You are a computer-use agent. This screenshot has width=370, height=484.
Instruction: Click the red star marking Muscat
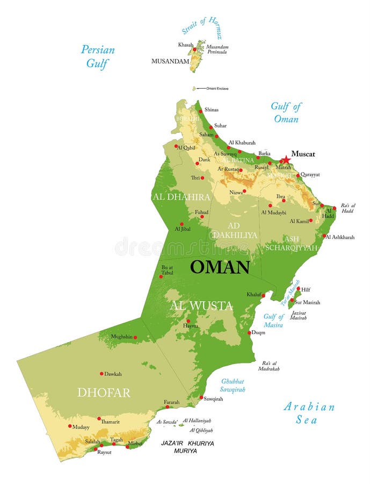pyautogui.click(x=286, y=160)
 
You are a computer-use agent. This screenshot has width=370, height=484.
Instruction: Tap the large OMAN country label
pyautogui.click(x=220, y=267)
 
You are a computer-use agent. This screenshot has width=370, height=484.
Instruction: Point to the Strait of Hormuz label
pyautogui.click(x=202, y=29)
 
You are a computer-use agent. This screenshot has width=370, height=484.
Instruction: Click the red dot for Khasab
pyautogui.click(x=195, y=49)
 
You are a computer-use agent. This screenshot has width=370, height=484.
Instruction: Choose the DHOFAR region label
pyautogui.click(x=104, y=393)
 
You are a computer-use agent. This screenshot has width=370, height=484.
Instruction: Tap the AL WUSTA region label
pyautogui.click(x=201, y=306)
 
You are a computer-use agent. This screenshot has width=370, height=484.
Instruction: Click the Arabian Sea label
pyautogui.click(x=309, y=413)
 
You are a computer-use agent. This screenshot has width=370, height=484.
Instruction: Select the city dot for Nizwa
pyautogui.click(x=244, y=191)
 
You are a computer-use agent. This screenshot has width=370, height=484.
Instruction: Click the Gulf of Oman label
pyautogui.click(x=286, y=112)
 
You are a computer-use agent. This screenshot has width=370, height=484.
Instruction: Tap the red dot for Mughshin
pyautogui.click(x=135, y=338)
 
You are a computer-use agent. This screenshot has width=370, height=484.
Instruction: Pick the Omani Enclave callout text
pyautogui.click(x=217, y=88)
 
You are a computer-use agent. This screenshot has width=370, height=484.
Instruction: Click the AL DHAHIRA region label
pyautogui.click(x=181, y=197)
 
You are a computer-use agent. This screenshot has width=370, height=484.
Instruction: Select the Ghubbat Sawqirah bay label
pyautogui.click(x=233, y=385)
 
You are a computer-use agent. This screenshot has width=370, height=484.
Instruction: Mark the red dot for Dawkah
pyautogui.click(x=101, y=374)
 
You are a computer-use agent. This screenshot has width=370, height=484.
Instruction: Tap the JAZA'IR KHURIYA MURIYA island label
pyautogui.click(x=187, y=447)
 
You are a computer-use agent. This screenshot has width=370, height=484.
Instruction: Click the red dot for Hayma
pyautogui.click(x=188, y=321)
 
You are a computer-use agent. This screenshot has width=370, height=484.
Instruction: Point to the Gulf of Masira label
pyautogui.click(x=273, y=321)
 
